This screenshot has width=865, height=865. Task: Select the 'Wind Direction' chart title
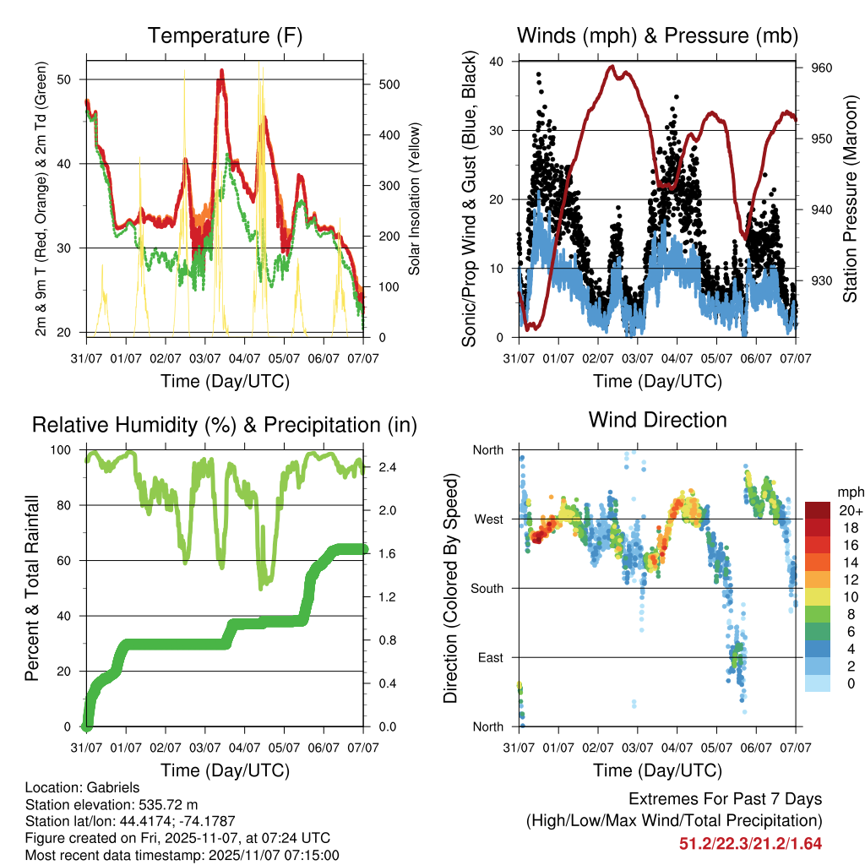(x=657, y=419)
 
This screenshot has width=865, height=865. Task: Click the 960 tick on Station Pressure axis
(x=822, y=68)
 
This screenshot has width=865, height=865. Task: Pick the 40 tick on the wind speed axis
(x=497, y=62)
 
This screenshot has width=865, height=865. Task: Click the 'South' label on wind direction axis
(x=488, y=588)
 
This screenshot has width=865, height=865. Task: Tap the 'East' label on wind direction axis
(x=491, y=657)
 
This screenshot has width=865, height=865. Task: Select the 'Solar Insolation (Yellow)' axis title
(x=415, y=199)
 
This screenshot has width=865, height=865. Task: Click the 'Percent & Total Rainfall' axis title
(x=31, y=588)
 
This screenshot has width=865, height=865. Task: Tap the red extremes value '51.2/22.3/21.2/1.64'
(x=750, y=843)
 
